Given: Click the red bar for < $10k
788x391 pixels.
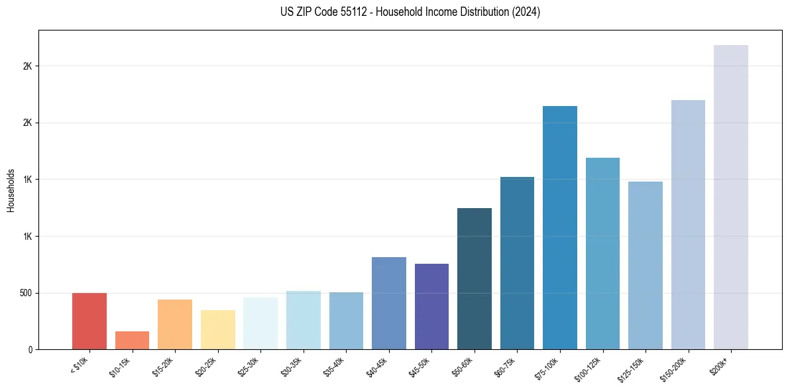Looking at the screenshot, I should point(89,321).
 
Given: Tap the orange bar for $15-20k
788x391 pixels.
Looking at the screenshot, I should point(175,325).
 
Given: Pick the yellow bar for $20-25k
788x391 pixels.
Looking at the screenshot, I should point(218,330).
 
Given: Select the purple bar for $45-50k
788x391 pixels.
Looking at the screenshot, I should point(431,307).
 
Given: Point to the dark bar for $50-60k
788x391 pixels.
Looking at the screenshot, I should point(475,279).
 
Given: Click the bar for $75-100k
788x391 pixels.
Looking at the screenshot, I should point(560,228).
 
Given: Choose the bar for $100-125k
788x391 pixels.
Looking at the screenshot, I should point(602,254).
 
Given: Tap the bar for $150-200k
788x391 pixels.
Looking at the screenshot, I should point(688,225).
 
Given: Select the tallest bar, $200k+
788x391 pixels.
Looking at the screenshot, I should point(731,197).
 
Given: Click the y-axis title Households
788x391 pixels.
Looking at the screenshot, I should point(11,190).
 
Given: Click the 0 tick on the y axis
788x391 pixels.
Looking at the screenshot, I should point(30,349).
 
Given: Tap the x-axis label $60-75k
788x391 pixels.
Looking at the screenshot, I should point(504,365).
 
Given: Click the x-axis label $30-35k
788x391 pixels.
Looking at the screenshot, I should point(290,365).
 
